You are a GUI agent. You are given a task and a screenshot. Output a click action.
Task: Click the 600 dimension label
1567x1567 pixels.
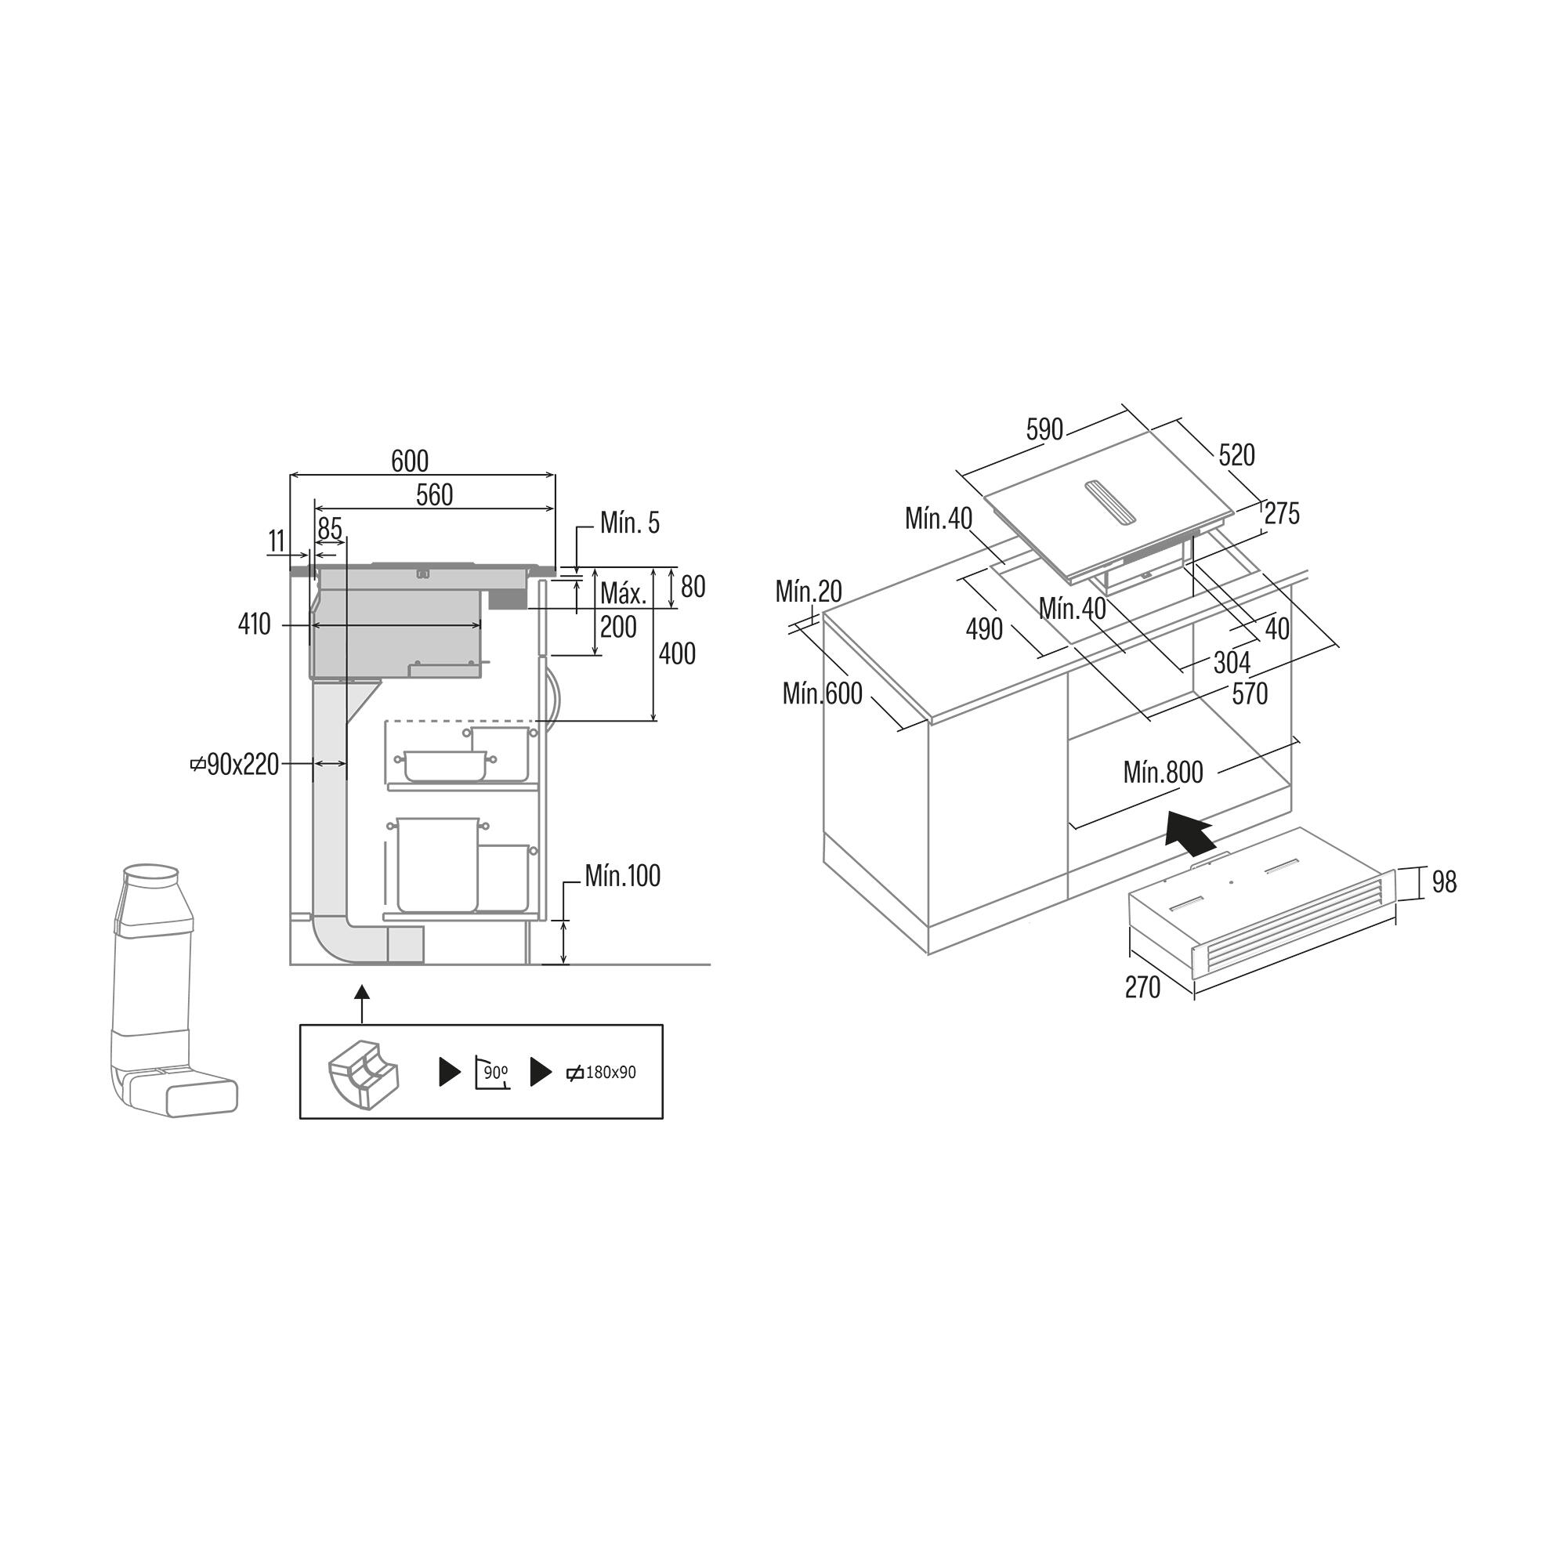click(410, 461)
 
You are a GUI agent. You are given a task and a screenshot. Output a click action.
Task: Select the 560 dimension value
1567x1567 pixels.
click(434, 494)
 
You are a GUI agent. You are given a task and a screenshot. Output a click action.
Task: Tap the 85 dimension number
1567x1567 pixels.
click(329, 528)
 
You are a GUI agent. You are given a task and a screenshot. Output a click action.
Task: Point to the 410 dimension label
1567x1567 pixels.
click(255, 624)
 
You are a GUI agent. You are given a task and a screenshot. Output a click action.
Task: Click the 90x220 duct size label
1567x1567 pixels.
click(235, 764)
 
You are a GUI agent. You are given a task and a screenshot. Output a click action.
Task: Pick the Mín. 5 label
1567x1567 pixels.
click(629, 523)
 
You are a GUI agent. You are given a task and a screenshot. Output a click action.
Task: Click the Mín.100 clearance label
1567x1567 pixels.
click(622, 876)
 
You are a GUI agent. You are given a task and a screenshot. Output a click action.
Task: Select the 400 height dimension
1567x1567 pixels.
click(676, 653)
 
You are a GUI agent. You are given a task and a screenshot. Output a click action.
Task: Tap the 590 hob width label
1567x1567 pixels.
click(1044, 429)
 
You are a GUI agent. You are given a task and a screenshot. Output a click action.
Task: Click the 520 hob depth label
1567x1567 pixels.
click(1236, 456)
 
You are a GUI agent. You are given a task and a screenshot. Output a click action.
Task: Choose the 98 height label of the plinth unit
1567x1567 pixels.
click(1444, 881)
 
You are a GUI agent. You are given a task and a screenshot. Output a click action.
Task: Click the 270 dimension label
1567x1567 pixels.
click(1142, 987)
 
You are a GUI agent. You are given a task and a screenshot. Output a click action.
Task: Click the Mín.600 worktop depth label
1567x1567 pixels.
click(823, 693)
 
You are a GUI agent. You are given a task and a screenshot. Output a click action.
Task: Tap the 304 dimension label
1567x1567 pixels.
click(1231, 664)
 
